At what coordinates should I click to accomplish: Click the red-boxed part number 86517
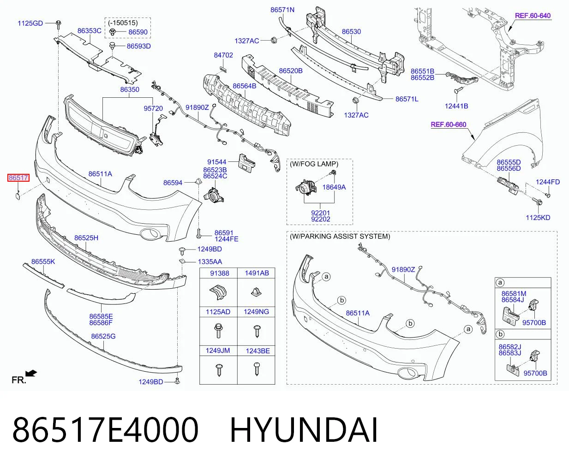(x=18, y=178)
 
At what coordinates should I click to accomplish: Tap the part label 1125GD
(x=30, y=24)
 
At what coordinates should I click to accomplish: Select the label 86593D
(x=139, y=46)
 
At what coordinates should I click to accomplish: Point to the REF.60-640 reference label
(x=533, y=16)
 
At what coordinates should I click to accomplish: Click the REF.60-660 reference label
(x=449, y=125)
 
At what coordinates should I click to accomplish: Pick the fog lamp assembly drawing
(x=306, y=187)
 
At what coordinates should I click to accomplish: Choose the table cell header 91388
(x=220, y=273)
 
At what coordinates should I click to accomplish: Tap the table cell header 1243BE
(x=258, y=351)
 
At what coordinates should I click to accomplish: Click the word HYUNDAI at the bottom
(x=304, y=430)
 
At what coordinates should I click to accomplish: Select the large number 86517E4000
(x=106, y=430)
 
